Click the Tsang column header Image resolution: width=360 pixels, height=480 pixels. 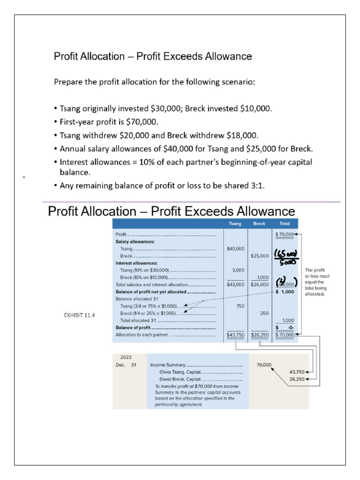235,224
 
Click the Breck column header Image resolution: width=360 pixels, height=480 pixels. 259,224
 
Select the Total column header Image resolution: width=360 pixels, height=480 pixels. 284,224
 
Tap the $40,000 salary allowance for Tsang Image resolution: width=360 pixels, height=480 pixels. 235,248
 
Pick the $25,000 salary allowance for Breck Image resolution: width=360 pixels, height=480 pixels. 259,256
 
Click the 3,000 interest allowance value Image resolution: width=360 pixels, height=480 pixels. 236,270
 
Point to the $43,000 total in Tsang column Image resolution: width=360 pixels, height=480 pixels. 235,285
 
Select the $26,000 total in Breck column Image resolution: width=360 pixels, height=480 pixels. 259,285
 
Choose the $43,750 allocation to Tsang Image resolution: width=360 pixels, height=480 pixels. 235,335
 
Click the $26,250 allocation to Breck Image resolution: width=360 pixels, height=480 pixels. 259,335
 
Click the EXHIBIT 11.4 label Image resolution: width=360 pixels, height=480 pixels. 79,315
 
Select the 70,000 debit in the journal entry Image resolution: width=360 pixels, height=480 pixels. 264,364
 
